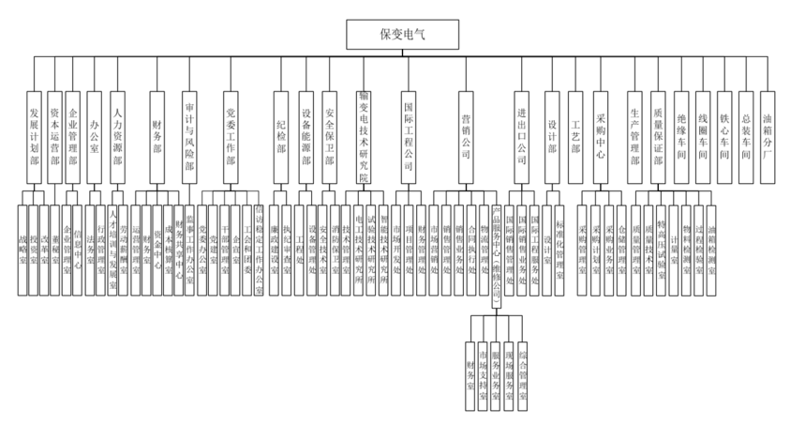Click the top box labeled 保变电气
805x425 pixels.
pyautogui.click(x=404, y=35)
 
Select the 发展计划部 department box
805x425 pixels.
pyautogui.click(x=34, y=135)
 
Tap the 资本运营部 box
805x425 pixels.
pyautogui.click(x=55, y=135)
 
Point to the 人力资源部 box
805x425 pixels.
pyautogui.click(x=117, y=135)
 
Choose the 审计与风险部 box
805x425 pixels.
pyautogui.click(x=189, y=135)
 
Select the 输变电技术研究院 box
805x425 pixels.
pyautogui.click(x=364, y=135)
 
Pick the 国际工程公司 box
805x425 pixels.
pyautogui.click(x=408, y=135)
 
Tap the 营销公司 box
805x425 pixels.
pyautogui.click(x=466, y=135)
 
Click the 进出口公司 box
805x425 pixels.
pyautogui.click(x=522, y=135)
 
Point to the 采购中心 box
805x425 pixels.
pyautogui.click(x=601, y=135)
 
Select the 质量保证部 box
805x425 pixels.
pyautogui.click(x=658, y=135)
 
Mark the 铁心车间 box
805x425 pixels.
pyautogui.click(x=724, y=135)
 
